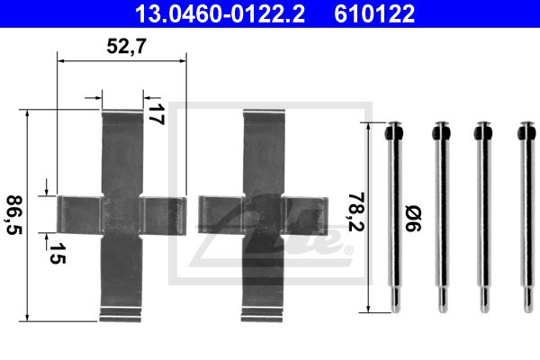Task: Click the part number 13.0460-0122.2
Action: [220, 13]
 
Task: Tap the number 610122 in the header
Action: [374, 13]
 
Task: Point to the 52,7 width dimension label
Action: [126, 46]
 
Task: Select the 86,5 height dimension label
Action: [14, 215]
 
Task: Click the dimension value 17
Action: [156, 114]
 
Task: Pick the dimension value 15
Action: [57, 253]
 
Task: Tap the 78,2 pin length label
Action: [356, 211]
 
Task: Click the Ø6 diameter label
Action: [413, 219]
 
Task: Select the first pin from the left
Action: [394, 217]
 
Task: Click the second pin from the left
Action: [441, 217]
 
